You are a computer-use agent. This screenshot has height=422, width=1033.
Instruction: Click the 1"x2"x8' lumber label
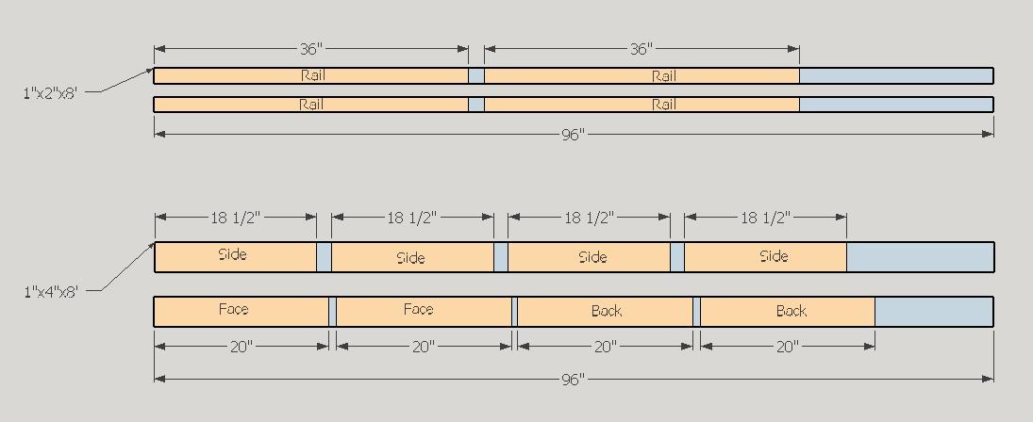pos(50,92)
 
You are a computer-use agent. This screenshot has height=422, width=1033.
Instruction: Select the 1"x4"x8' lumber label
pos(50,290)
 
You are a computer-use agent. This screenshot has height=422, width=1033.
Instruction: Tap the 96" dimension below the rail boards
pos(574,134)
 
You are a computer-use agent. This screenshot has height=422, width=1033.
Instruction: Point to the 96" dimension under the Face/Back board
pos(574,380)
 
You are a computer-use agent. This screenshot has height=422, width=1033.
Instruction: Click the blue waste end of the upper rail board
pos(896,75)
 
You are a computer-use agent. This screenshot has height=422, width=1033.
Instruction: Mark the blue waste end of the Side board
pos(920,257)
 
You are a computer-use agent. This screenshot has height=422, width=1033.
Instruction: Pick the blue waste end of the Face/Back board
pos(934,312)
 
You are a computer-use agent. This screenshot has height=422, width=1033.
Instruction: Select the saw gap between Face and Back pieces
pos(514,312)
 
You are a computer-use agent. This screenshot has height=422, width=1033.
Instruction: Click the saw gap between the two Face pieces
pos(333,312)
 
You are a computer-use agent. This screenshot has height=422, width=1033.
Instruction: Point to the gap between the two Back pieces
pos(697,312)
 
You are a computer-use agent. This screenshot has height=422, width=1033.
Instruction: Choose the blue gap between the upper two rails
pos(476,75)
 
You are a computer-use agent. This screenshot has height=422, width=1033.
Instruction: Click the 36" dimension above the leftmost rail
pos(311,49)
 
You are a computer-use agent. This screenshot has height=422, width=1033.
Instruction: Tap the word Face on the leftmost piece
pos(234,308)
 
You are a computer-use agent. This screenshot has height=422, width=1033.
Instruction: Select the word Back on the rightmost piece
pos(791,310)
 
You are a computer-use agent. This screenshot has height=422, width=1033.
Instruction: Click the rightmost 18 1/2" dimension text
pos(765,218)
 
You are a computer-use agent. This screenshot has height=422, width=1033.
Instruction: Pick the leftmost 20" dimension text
pos(242,347)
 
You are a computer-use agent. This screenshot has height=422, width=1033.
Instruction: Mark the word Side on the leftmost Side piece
pos(233,253)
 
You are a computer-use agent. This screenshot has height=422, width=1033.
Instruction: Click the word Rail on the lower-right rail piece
pos(664,105)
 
